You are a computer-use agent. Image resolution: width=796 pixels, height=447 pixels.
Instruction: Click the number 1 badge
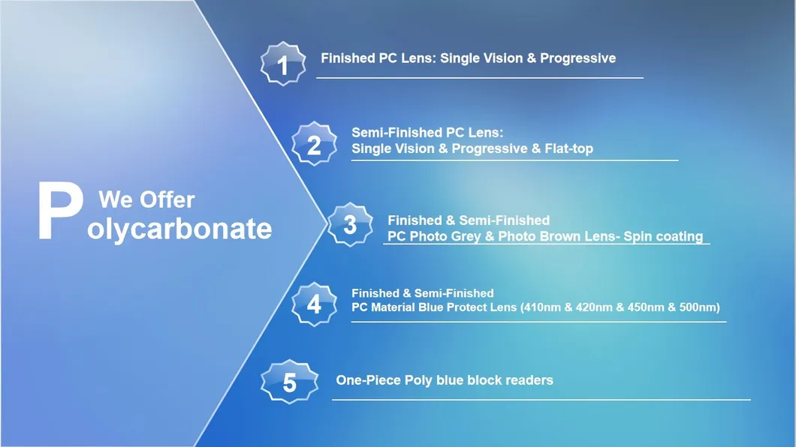tap(283, 64)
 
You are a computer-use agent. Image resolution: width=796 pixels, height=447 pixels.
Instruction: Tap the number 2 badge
tap(314, 144)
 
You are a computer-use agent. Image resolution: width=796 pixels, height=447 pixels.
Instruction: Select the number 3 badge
tap(350, 224)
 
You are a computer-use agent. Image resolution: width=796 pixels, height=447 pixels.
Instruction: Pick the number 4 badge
tap(314, 304)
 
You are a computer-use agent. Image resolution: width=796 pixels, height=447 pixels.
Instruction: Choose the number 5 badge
tap(289, 382)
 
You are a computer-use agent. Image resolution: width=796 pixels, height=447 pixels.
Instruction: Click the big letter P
tap(60, 211)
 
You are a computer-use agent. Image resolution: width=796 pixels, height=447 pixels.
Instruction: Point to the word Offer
tap(167, 199)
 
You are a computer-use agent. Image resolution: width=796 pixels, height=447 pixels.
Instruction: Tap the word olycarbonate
tap(179, 229)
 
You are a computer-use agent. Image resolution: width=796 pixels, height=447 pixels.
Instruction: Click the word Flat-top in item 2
tap(568, 148)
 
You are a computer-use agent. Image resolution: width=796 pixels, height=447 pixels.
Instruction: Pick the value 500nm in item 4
tap(698, 307)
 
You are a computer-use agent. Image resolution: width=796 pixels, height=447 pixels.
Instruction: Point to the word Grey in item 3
tap(464, 236)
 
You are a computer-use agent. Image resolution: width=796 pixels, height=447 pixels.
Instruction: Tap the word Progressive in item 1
tap(577, 58)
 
